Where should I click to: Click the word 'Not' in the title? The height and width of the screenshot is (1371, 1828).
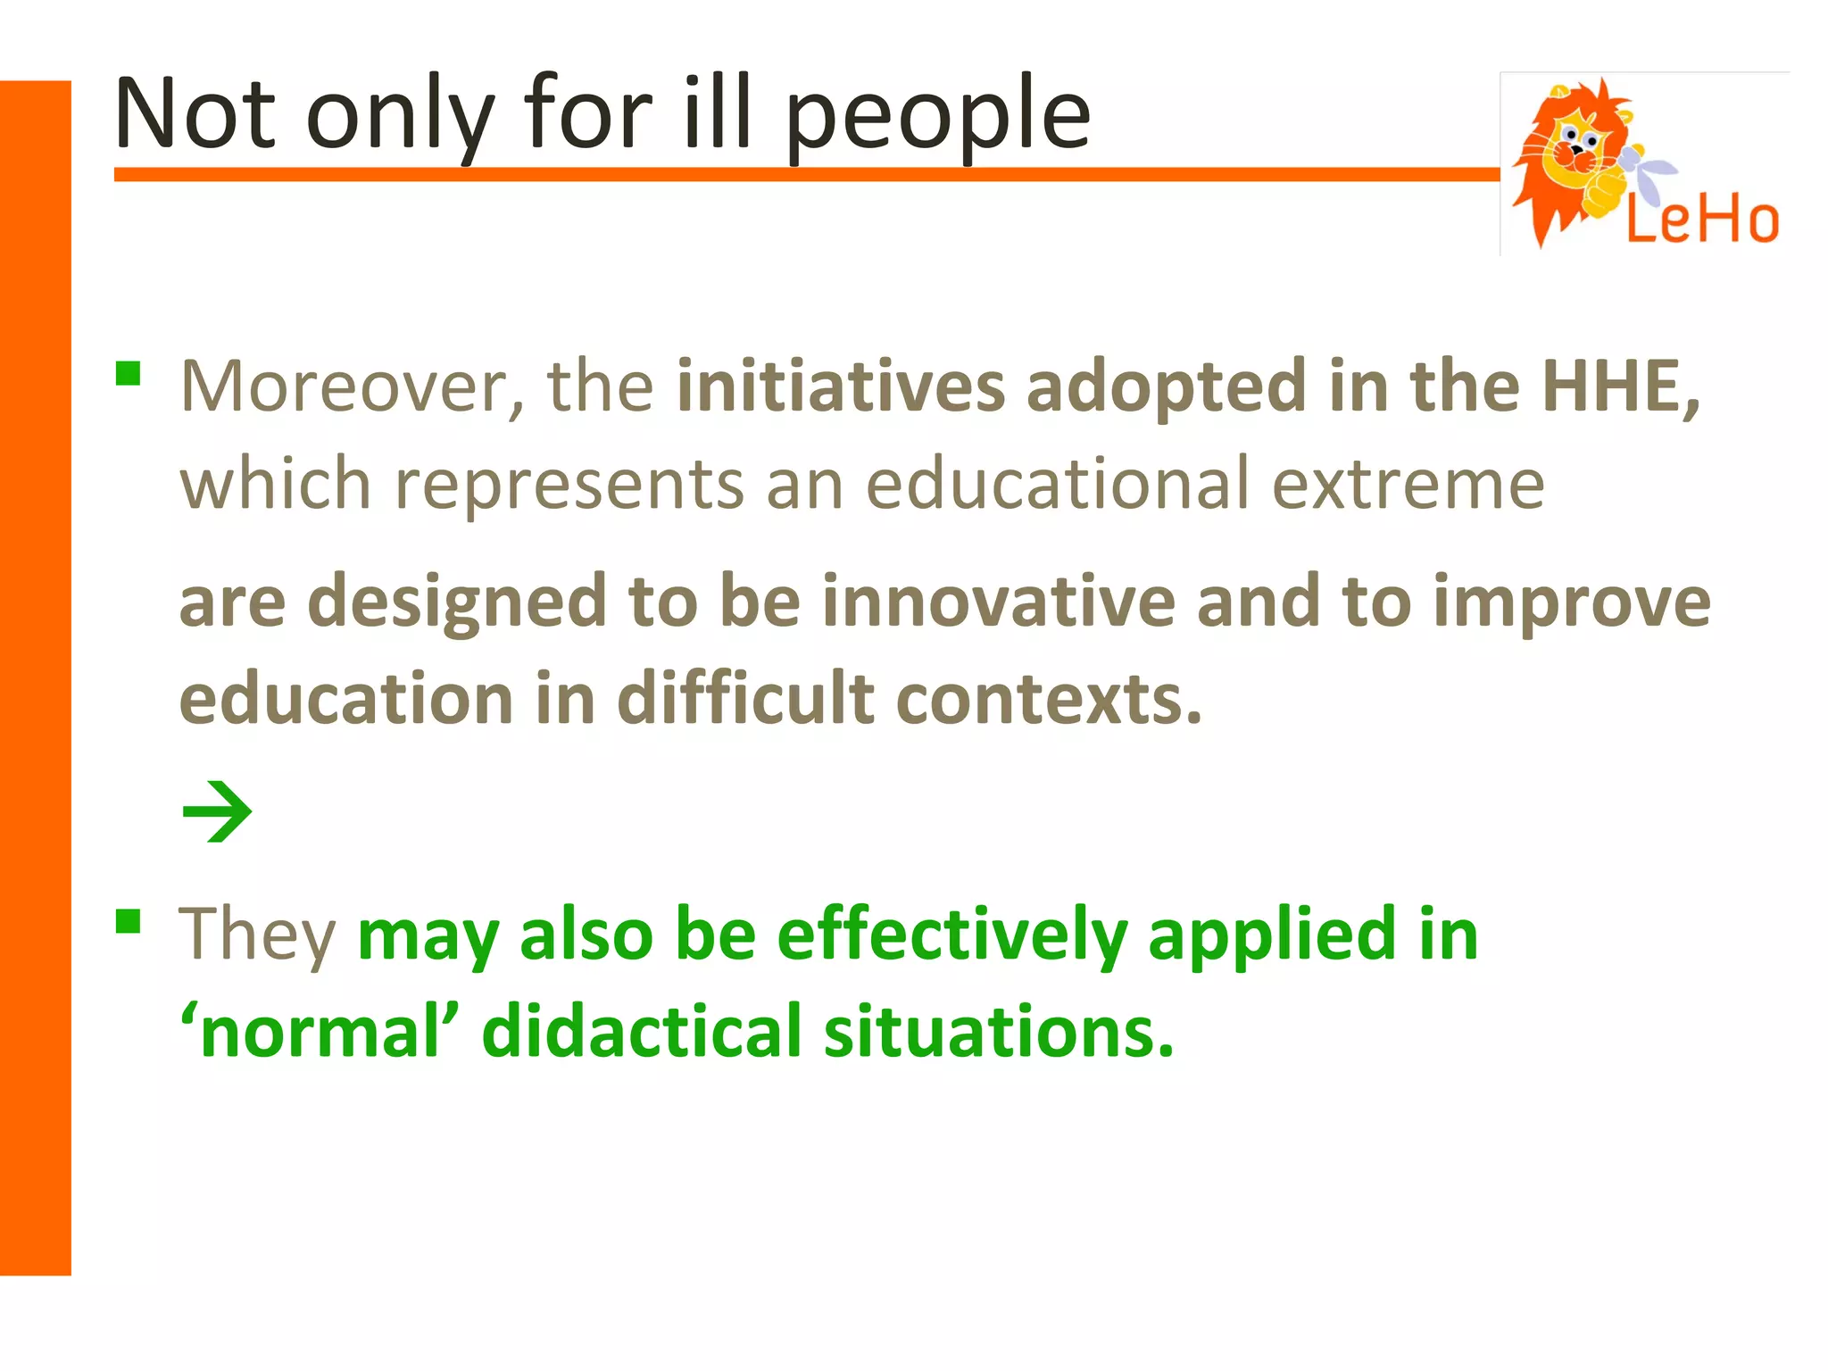(195, 114)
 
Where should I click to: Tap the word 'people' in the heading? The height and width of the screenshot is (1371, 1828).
(937, 120)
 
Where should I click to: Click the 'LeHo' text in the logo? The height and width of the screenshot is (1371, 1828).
(1701, 220)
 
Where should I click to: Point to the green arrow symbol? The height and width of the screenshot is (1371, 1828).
(217, 811)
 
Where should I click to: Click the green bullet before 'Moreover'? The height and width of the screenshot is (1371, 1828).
(129, 373)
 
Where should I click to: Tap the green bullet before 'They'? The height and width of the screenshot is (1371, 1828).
(129, 920)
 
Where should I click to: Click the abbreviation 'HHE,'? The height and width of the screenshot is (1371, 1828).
(1621, 387)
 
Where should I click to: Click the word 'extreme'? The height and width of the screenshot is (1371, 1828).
(1408, 485)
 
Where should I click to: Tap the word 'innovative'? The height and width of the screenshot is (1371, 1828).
(999, 602)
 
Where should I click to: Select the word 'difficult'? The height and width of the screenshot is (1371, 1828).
(745, 699)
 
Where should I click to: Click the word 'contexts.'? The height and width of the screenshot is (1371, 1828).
(1050, 699)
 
